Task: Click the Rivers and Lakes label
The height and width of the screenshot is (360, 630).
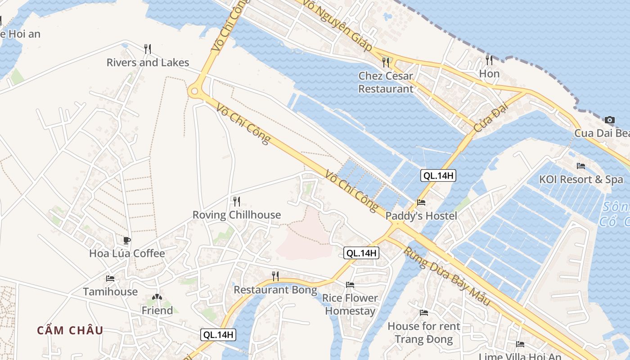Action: tap(148, 63)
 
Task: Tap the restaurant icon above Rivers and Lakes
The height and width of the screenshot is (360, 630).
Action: tap(148, 49)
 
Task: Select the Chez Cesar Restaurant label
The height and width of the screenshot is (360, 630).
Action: tap(386, 82)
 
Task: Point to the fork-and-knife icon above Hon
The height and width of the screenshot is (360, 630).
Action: tap(489, 60)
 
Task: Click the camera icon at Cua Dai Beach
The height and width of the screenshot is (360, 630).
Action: tap(610, 120)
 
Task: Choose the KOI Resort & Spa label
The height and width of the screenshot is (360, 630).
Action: tap(581, 180)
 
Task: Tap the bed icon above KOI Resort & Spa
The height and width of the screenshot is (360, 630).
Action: tap(581, 166)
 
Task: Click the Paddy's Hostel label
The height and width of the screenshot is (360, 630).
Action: tap(421, 216)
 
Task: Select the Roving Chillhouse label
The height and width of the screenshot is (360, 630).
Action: tap(237, 215)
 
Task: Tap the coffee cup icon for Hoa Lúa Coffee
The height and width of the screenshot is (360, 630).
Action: tap(127, 240)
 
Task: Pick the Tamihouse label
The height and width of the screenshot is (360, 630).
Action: tap(110, 292)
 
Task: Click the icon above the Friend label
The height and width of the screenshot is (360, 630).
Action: tap(157, 297)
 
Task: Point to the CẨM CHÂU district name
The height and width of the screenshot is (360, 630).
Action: tap(70, 330)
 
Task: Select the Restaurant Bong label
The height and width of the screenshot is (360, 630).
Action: tap(275, 290)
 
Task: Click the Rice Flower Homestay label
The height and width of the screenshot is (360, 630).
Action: tap(350, 304)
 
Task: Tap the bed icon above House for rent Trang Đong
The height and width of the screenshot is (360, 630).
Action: tap(424, 312)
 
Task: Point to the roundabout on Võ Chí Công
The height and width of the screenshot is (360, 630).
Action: tap(194, 91)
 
